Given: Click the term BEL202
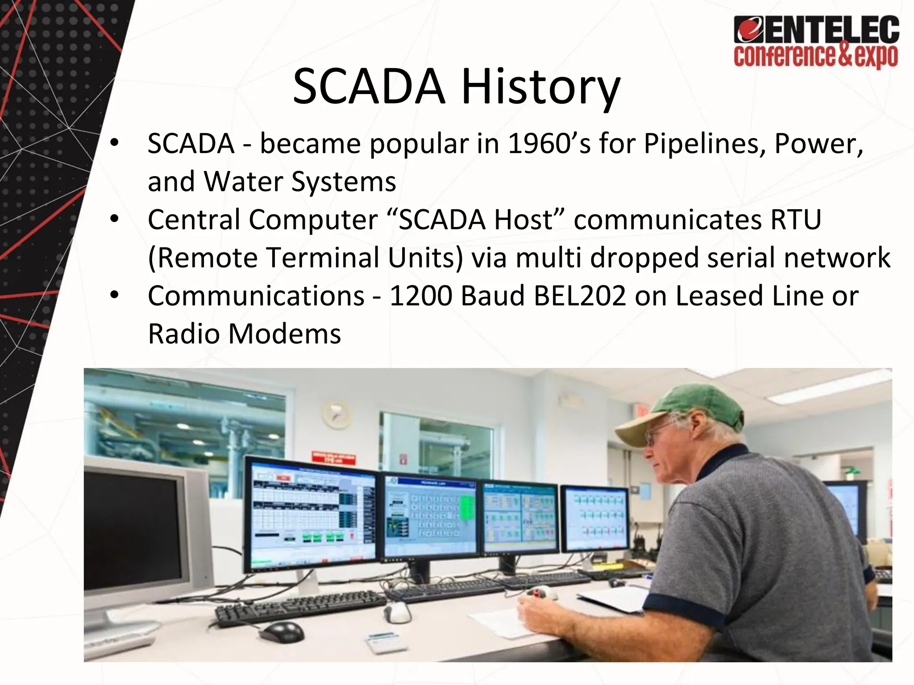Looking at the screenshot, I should coord(580,296).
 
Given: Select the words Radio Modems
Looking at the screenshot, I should coord(244,334).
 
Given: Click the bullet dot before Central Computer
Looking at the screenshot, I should coord(115,219).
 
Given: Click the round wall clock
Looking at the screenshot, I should coord(336,414).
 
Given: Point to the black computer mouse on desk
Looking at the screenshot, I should coord(282,631).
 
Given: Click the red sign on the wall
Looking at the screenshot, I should coord(333,458).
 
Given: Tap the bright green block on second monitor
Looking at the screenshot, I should coord(466,508).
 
